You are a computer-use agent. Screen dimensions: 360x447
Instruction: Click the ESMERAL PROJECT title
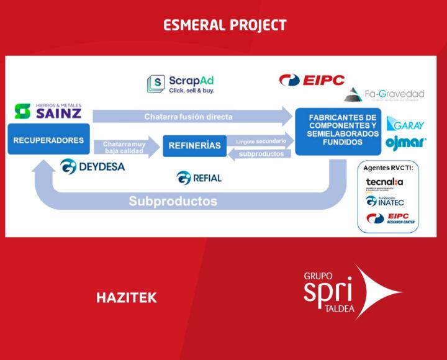tap(225, 25)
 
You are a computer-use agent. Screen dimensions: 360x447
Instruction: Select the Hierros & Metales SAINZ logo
tap(48, 111)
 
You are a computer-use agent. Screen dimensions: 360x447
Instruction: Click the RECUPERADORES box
tap(48, 141)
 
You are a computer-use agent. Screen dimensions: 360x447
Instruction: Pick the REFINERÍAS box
tap(195, 146)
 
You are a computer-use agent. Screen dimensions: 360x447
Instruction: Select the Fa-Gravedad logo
tap(385, 95)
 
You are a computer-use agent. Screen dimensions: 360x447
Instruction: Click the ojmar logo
tap(406, 143)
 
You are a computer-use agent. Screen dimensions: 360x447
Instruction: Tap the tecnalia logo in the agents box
tap(384, 182)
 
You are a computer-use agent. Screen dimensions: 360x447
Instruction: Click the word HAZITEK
tap(126, 298)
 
